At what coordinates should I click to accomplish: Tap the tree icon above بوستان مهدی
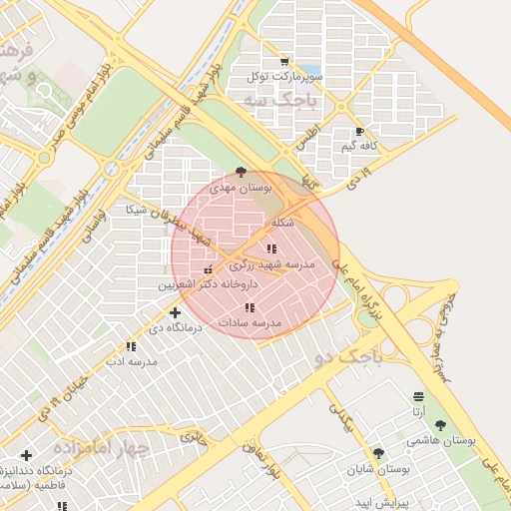click(240, 172)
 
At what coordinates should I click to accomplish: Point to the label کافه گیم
click(361, 147)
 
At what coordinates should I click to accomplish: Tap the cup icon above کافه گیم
click(359, 132)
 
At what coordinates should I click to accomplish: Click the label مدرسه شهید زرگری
click(272, 264)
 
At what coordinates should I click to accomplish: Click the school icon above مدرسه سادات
click(250, 308)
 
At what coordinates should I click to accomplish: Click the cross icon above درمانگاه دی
click(176, 312)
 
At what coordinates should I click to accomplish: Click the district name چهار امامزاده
click(102, 447)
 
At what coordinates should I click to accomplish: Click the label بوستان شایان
click(380, 468)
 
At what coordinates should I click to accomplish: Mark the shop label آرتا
click(417, 410)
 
